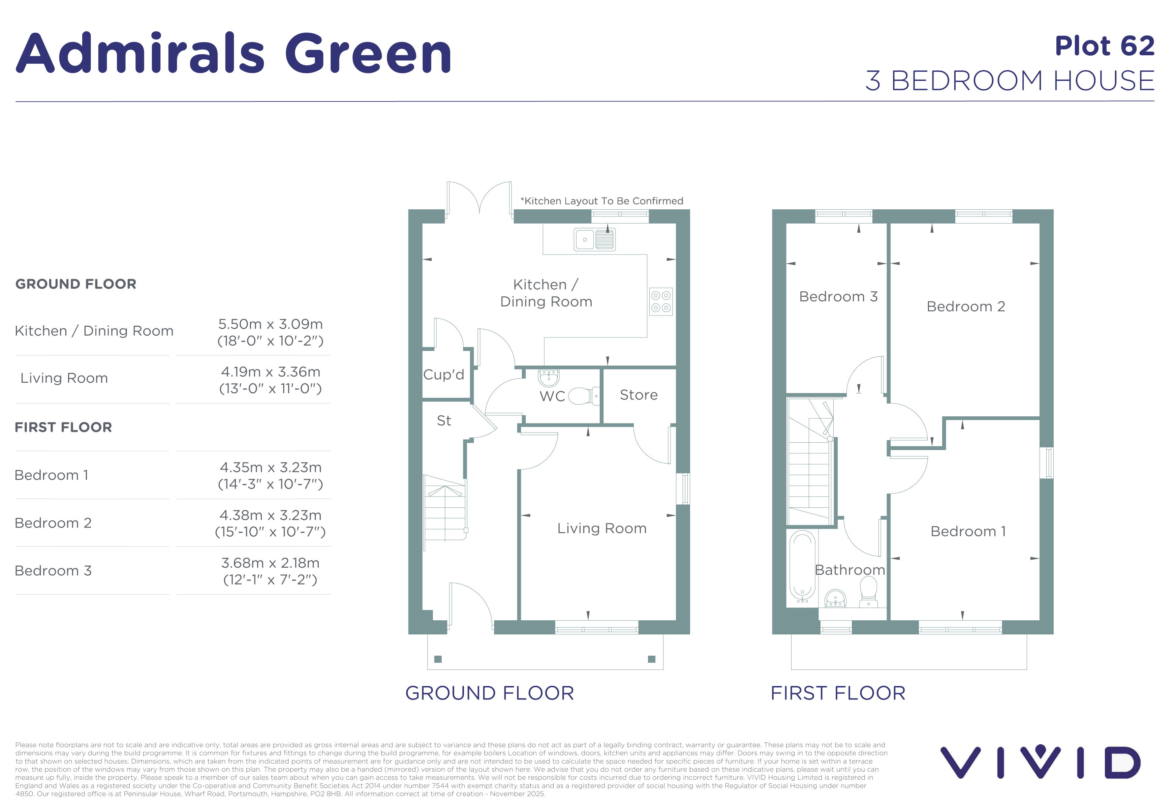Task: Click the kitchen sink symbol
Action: [x=595, y=240]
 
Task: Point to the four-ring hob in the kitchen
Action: [x=661, y=301]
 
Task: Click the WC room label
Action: [x=552, y=396]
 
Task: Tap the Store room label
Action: [x=639, y=395]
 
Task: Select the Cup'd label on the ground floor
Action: [x=443, y=375]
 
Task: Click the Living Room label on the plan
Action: [x=602, y=529]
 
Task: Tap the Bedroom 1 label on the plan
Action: [x=968, y=531]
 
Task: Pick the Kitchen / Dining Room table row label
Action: [x=94, y=331]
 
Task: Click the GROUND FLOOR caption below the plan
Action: [x=489, y=693]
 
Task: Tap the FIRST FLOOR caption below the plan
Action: [x=838, y=693]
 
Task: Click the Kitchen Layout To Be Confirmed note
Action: [x=602, y=201]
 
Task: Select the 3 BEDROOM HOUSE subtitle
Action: [x=1010, y=80]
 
